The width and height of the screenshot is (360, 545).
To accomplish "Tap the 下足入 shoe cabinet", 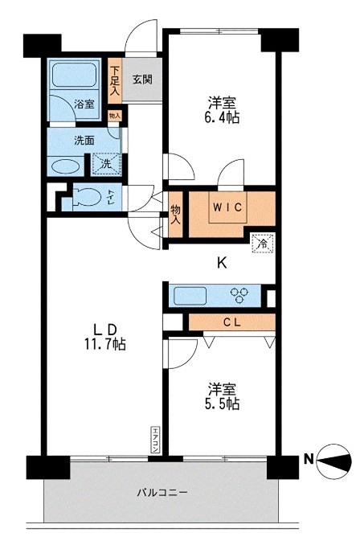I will click(x=115, y=80).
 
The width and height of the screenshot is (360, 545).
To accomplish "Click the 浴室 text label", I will click(x=84, y=104).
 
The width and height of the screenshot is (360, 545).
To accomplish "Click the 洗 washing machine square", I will click(x=105, y=164).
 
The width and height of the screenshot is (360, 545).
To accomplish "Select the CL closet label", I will click(x=229, y=323).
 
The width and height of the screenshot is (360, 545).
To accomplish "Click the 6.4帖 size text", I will click(x=223, y=117).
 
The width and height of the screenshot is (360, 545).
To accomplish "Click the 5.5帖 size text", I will click(x=222, y=404).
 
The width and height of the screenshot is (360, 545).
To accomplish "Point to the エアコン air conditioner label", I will click(x=154, y=441).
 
